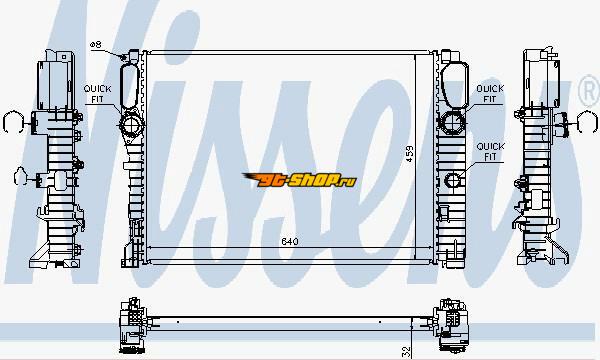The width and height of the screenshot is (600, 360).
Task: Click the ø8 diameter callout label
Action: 96,45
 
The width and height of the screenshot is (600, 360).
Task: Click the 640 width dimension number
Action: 290,241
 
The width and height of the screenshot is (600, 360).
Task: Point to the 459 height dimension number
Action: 409,153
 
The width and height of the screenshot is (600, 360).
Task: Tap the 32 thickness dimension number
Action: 406,351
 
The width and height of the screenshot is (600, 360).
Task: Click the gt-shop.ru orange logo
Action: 300,179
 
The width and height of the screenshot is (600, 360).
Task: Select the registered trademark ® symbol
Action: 589,92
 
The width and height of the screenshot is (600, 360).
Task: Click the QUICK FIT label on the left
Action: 98,94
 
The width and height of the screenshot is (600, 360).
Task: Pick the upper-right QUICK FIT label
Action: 490,94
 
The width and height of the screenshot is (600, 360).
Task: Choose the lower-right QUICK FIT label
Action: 490,151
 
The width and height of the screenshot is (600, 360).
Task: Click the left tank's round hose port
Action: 131,124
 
